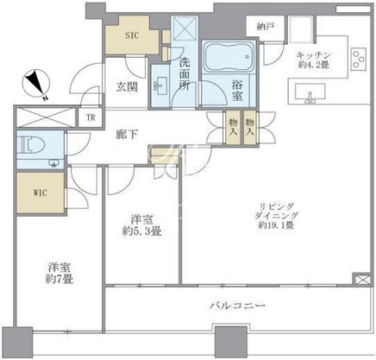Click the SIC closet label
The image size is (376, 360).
(x=132, y=35)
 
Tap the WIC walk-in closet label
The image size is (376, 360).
(x=41, y=193)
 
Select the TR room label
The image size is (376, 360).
(x=91, y=117)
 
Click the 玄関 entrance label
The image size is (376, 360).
(x=127, y=86)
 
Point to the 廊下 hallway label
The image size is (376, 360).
(x=127, y=135)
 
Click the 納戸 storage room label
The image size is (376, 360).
(x=265, y=27)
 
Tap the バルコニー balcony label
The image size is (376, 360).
(x=237, y=306)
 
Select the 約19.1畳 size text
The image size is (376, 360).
(x=276, y=225)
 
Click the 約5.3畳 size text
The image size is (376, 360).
(x=141, y=231)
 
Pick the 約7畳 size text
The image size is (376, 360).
(x=59, y=279)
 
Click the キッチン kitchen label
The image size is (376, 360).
(x=314, y=54)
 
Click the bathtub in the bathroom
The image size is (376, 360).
(x=229, y=56)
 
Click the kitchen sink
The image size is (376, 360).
(x=310, y=92)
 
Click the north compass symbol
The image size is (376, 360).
(x=36, y=85)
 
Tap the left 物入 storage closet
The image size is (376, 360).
(x=233, y=128)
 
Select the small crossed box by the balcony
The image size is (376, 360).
(x=360, y=279)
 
